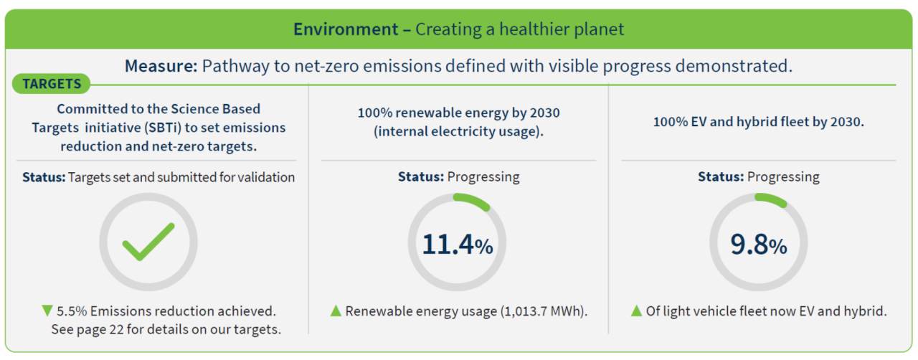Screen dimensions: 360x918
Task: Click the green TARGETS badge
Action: pyautogui.click(x=52, y=84)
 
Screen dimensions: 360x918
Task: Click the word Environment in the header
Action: pyautogui.click(x=346, y=29)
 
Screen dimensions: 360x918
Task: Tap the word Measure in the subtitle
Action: pyautogui.click(x=161, y=67)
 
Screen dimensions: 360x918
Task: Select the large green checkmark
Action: pyautogui.click(x=148, y=242)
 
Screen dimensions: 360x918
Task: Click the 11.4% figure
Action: pyautogui.click(x=457, y=245)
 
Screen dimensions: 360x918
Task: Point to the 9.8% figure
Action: pyautogui.click(x=758, y=245)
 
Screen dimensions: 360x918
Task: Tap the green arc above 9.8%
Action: pyautogui.click(x=771, y=200)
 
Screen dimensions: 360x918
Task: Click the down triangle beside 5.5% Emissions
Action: pyautogui.click(x=47, y=311)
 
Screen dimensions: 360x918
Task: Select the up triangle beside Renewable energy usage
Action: pyautogui.click(x=335, y=311)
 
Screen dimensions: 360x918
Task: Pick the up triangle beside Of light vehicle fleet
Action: pyautogui.click(x=636, y=311)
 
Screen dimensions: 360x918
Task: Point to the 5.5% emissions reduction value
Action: pyautogui.click(x=71, y=311)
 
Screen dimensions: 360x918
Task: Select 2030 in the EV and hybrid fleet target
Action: pyautogui.click(x=846, y=122)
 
